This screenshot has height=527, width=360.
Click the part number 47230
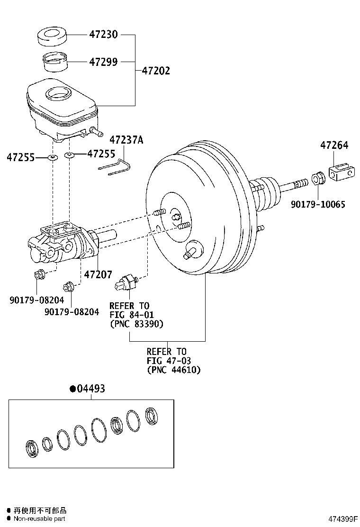pyautogui.click(x=103, y=35)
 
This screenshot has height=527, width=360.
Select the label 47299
pyautogui.click(x=103, y=62)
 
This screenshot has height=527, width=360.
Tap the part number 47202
pyautogui.click(x=155, y=71)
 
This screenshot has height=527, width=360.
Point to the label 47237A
pyautogui.click(x=126, y=140)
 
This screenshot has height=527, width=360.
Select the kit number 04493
pyautogui.click(x=87, y=389)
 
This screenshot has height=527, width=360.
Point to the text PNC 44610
pyautogui.click(x=173, y=370)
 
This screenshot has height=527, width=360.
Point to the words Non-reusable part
pyautogui.click(x=39, y=518)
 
